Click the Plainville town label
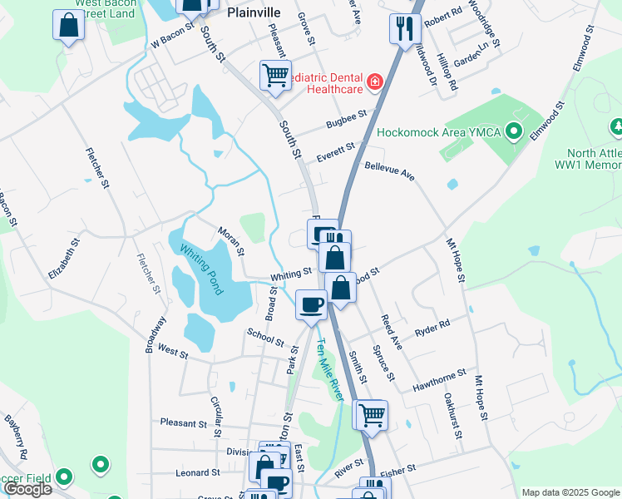254,13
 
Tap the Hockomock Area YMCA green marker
514,131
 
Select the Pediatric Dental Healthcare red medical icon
375,82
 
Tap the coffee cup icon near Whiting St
311,304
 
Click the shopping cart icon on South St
275,76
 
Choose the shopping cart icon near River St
370,414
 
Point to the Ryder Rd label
432,329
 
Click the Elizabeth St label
63,259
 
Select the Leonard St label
197,472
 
